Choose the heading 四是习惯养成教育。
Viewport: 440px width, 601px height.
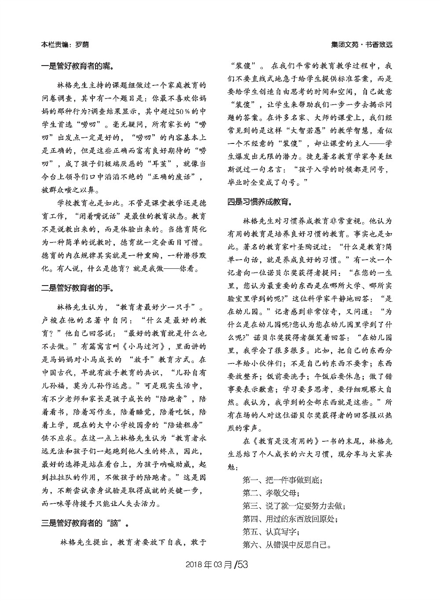(x=259, y=202)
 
